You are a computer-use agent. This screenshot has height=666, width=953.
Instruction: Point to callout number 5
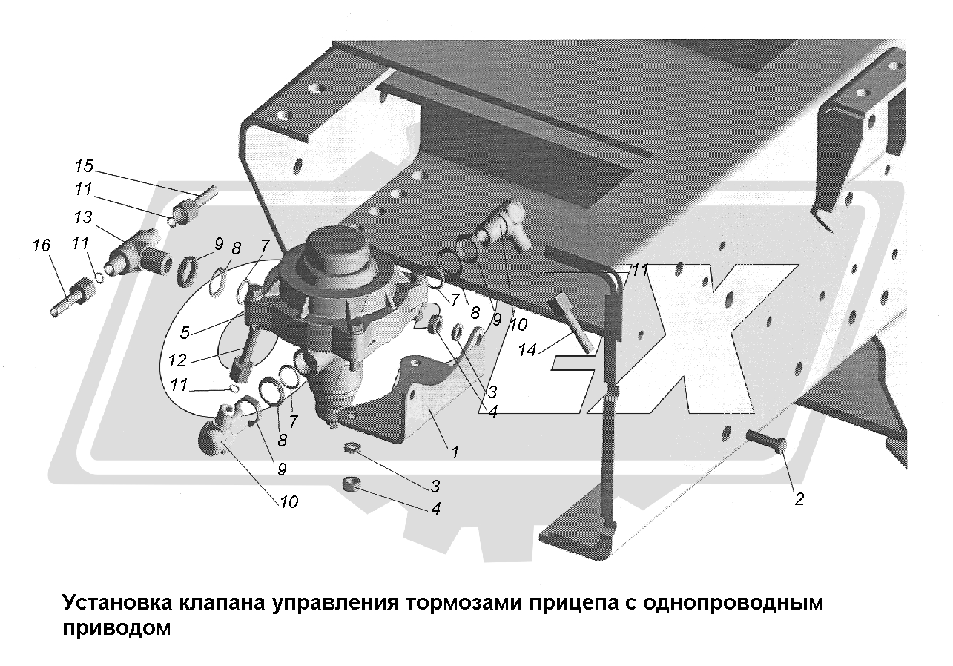pyautogui.click(x=185, y=333)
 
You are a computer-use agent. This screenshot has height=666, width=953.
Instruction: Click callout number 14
pyautogui.click(x=527, y=350)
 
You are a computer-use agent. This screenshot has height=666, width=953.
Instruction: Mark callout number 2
pyautogui.click(x=799, y=499)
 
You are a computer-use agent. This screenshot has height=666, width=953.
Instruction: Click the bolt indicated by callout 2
pyautogui.click(x=764, y=440)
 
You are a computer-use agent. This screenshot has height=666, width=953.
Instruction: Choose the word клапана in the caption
pyautogui.click(x=222, y=602)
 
